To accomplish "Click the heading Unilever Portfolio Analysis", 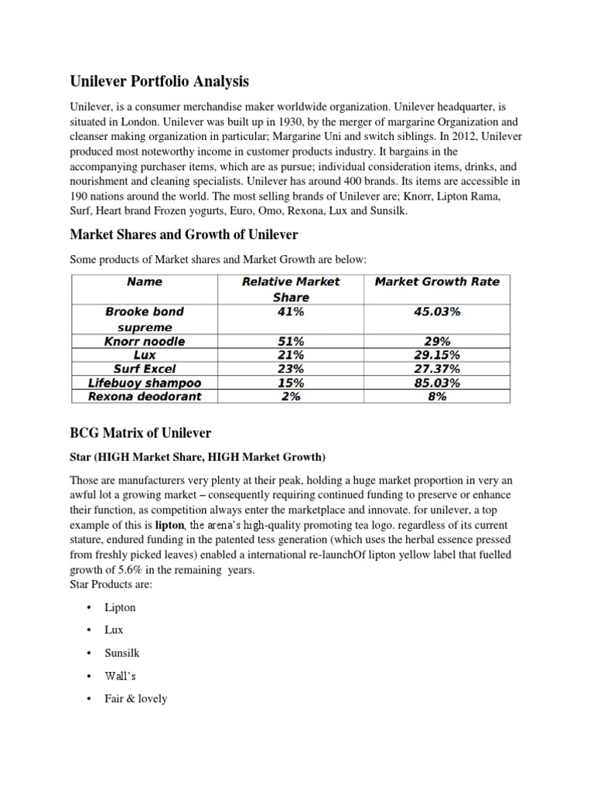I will click(x=160, y=81).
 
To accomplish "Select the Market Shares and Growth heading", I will click(x=184, y=234).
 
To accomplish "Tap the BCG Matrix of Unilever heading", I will click(x=141, y=432).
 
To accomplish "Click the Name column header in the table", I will click(x=144, y=282).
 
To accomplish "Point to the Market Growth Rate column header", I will click(x=437, y=282).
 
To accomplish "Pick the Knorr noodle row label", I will click(x=144, y=341).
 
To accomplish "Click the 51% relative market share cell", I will click(x=291, y=341).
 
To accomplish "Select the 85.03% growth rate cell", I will click(x=437, y=383).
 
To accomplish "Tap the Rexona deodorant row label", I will click(x=144, y=397).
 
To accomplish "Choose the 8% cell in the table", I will click(x=437, y=397).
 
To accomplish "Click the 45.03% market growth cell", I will click(x=437, y=312).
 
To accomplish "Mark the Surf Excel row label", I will click(x=144, y=369).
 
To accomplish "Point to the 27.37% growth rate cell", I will click(x=437, y=369).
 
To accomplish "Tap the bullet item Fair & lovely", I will click(x=136, y=698).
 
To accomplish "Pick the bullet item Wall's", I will click(x=121, y=676).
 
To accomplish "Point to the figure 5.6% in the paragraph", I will click(x=126, y=570).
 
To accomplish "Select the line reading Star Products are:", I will click(x=111, y=585).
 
